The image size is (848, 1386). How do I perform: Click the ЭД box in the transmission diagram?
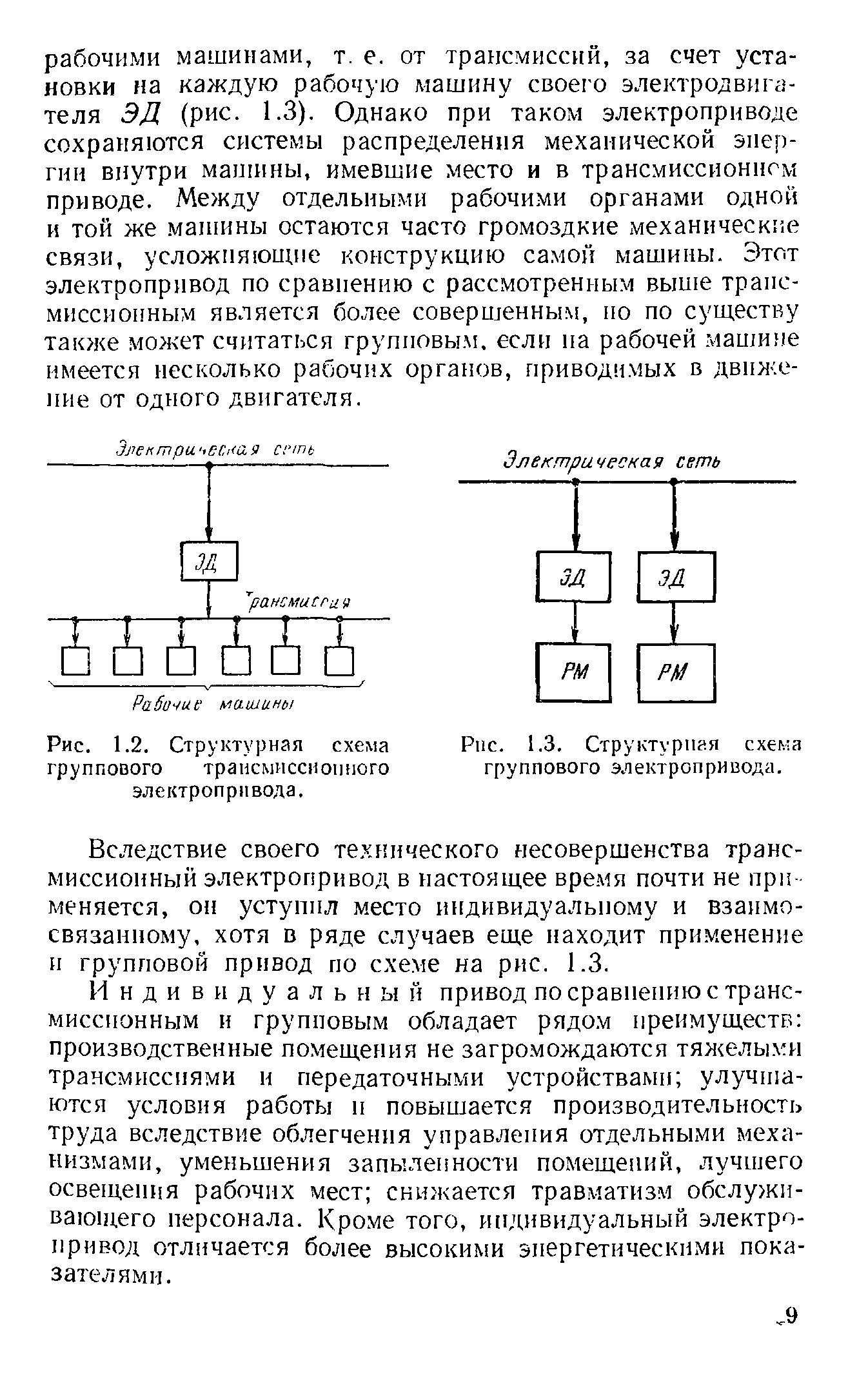(209, 561)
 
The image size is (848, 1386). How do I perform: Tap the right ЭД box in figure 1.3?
(676, 576)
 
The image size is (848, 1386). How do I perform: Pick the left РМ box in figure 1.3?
(573, 672)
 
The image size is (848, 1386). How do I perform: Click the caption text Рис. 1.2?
(103, 746)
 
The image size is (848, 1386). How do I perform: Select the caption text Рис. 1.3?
(516, 746)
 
